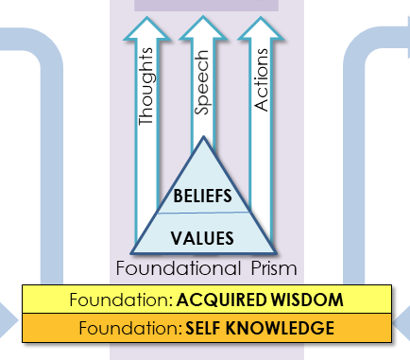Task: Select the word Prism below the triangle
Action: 273,268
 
